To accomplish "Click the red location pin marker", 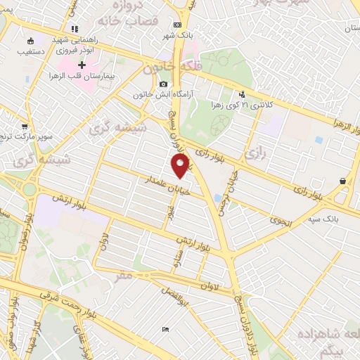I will point(181,166).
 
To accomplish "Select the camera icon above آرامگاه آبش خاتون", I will point(163,84).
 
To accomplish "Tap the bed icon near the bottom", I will point(165,329).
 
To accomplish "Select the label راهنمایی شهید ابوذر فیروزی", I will point(71,45).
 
